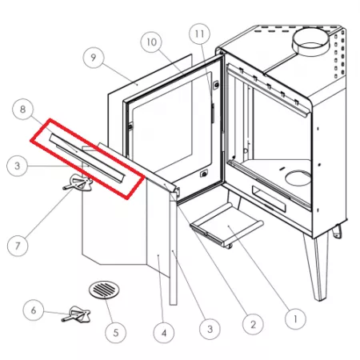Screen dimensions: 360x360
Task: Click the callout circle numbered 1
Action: tap(295, 319)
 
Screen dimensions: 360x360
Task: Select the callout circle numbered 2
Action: tap(253, 324)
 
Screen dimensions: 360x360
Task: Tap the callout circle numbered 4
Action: tap(164, 333)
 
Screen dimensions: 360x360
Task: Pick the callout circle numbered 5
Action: tap(115, 332)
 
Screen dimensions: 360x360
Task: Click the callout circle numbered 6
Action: tap(34, 310)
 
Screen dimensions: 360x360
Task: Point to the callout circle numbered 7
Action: tap(18, 246)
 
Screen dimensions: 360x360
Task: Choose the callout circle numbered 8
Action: tap(23, 109)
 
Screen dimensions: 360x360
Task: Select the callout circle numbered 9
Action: tap(94, 58)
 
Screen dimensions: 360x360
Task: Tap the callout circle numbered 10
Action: tap(151, 42)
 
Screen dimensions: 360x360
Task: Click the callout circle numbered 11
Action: tap(199, 34)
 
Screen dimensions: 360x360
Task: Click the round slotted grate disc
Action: tap(104, 290)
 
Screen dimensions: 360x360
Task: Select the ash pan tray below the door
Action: tap(226, 225)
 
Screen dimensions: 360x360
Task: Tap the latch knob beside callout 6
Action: tap(77, 314)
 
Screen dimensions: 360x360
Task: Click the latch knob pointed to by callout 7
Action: tap(78, 182)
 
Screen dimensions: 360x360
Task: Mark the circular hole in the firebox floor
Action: tap(298, 178)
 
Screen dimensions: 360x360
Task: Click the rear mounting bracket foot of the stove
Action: tap(338, 231)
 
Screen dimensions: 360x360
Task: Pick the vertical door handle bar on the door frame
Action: tap(213, 114)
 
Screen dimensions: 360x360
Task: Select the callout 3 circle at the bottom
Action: tap(210, 329)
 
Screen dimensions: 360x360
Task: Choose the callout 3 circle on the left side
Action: tap(17, 166)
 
